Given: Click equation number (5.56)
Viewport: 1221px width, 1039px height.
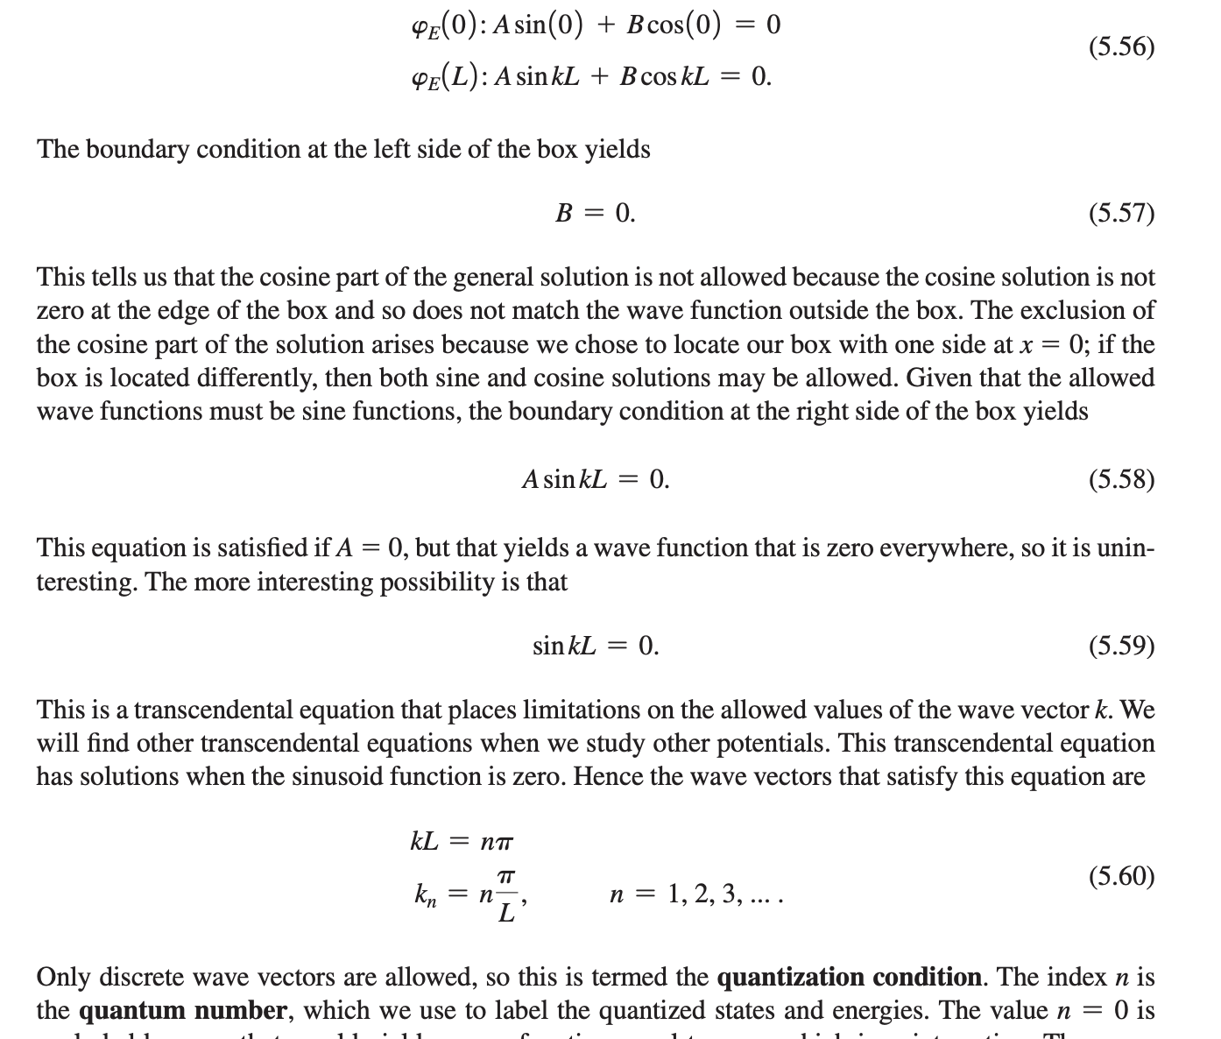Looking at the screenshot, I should (x=1121, y=46).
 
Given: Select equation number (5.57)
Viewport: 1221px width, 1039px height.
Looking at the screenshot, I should (x=1121, y=213).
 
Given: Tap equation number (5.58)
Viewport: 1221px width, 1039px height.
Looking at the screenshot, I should (x=1121, y=479).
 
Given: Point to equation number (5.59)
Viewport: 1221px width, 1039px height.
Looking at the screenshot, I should (x=1121, y=646).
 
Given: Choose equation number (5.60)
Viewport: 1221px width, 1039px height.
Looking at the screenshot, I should (x=1121, y=876).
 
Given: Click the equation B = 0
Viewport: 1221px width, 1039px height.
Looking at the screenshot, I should (x=595, y=213).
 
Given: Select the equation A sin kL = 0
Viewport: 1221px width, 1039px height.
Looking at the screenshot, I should (x=595, y=479).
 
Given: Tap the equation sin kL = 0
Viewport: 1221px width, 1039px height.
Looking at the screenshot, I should (x=595, y=646).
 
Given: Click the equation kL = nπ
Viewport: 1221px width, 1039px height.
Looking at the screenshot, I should (x=462, y=842).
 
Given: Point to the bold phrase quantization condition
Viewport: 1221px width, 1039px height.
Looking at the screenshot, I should (x=848, y=977).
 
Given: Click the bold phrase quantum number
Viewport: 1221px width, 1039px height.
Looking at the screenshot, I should (x=182, y=1011).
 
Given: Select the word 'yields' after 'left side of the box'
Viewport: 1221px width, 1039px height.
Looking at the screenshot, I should (x=618, y=150).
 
